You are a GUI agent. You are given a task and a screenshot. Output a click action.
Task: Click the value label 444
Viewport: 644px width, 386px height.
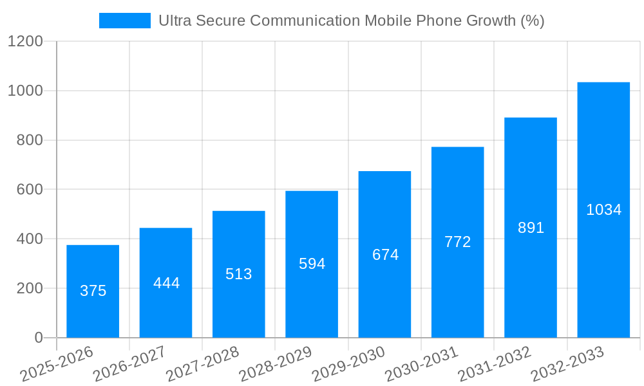pos(166,283)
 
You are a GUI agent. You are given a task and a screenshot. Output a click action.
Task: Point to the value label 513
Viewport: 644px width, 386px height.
pos(239,274)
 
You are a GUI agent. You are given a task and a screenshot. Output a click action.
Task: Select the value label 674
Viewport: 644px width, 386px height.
pos(385,255)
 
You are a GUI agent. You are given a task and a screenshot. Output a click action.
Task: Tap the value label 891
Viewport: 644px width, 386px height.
pos(531,228)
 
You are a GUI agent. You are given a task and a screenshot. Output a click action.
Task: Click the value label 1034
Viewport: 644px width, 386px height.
pos(603,210)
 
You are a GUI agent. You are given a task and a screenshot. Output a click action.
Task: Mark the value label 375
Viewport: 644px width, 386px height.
pos(93,291)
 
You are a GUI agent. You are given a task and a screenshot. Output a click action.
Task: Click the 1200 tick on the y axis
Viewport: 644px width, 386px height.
pos(24,42)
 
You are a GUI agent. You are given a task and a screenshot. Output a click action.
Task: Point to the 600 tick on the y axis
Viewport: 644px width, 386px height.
pos(30,190)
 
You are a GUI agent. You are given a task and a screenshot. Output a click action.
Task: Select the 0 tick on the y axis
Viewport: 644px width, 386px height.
pos(38,338)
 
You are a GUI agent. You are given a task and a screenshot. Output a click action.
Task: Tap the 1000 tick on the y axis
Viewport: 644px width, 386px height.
pos(24,91)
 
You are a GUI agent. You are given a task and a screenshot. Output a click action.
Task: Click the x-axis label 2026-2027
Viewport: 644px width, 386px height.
pos(129,364)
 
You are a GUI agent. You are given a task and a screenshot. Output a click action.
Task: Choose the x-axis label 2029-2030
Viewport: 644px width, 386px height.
pos(348,364)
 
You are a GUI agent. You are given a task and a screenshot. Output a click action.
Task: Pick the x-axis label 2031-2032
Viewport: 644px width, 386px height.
pos(494,364)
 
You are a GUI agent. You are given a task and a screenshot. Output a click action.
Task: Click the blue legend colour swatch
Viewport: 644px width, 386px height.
pos(124,21)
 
